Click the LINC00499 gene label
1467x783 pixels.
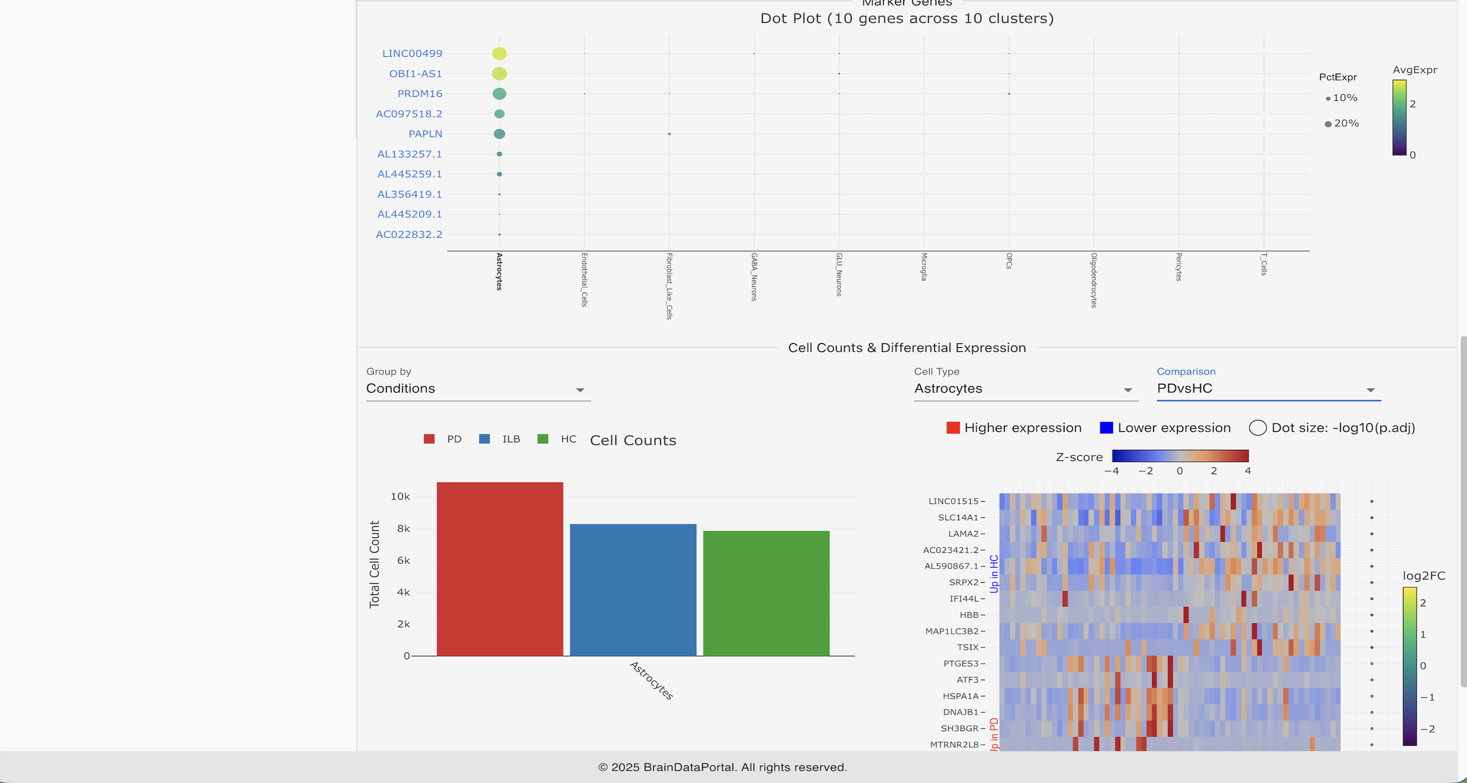tap(412, 53)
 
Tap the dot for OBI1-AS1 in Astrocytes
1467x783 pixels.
tap(499, 73)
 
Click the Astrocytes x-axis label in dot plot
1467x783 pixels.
tap(499, 272)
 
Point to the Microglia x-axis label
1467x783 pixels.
tap(924, 267)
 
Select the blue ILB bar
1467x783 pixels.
tap(633, 590)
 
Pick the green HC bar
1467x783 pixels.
tap(766, 593)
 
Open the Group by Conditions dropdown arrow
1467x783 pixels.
tap(580, 391)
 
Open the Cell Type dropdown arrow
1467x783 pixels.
tap(1128, 391)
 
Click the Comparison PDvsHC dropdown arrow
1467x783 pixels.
tap(1371, 391)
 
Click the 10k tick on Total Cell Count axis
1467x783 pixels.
tap(400, 496)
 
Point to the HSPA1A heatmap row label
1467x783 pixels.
tap(960, 696)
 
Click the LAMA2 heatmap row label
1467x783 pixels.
tap(963, 534)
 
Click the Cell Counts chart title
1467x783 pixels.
tap(633, 440)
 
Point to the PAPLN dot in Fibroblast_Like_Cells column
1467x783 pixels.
tap(669, 134)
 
